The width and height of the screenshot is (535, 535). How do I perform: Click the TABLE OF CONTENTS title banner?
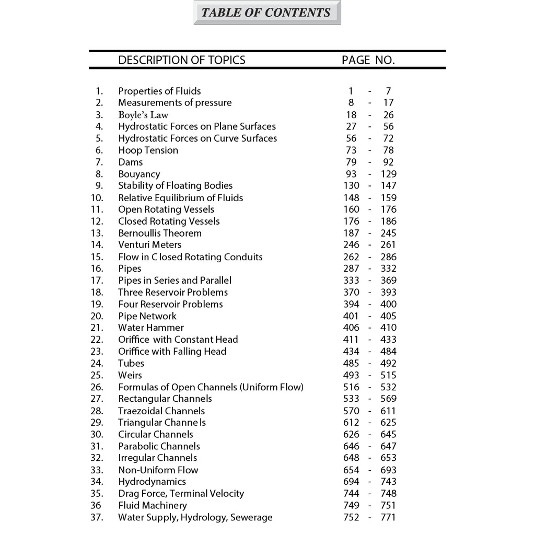click(266, 13)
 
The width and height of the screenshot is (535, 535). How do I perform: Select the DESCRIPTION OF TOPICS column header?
click(181, 60)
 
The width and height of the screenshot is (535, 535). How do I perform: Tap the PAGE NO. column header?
click(368, 60)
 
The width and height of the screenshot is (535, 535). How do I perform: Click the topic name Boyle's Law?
click(143, 115)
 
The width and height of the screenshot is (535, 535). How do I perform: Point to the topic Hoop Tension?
click(148, 150)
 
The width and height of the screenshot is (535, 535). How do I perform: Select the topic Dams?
click(130, 162)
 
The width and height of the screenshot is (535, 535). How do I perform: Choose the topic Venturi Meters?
click(150, 245)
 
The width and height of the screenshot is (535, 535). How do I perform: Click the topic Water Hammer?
click(151, 328)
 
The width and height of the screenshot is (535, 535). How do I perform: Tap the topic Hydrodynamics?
click(152, 482)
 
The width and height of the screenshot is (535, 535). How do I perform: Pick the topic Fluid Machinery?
click(152, 505)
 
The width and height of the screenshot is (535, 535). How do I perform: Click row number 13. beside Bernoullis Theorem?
click(97, 233)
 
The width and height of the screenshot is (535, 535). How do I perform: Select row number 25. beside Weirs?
click(97, 375)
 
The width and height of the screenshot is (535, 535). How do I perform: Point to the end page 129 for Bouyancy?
click(389, 174)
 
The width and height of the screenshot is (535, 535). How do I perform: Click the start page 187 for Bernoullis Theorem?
click(351, 233)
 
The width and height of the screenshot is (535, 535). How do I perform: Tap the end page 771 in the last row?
click(389, 517)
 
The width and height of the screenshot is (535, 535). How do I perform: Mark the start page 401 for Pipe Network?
click(351, 316)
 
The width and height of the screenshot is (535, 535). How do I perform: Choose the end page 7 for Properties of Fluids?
click(388, 91)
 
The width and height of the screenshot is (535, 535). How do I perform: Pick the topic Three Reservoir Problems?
click(173, 292)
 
